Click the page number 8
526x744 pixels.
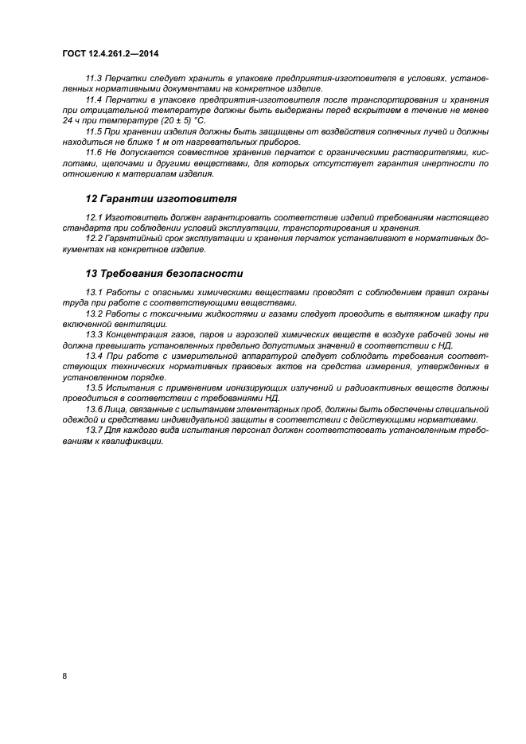pos(64,676)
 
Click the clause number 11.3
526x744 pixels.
pos(94,79)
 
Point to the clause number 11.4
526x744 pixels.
pos(94,99)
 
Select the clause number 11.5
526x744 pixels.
pos(94,130)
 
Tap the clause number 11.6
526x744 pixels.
pos(94,151)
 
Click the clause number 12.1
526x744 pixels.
pos(94,216)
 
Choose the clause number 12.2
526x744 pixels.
pos(94,238)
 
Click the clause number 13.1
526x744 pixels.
pos(94,292)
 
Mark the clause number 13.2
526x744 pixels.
pos(94,313)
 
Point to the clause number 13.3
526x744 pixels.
pos(94,334)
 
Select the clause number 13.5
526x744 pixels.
pos(94,387)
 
